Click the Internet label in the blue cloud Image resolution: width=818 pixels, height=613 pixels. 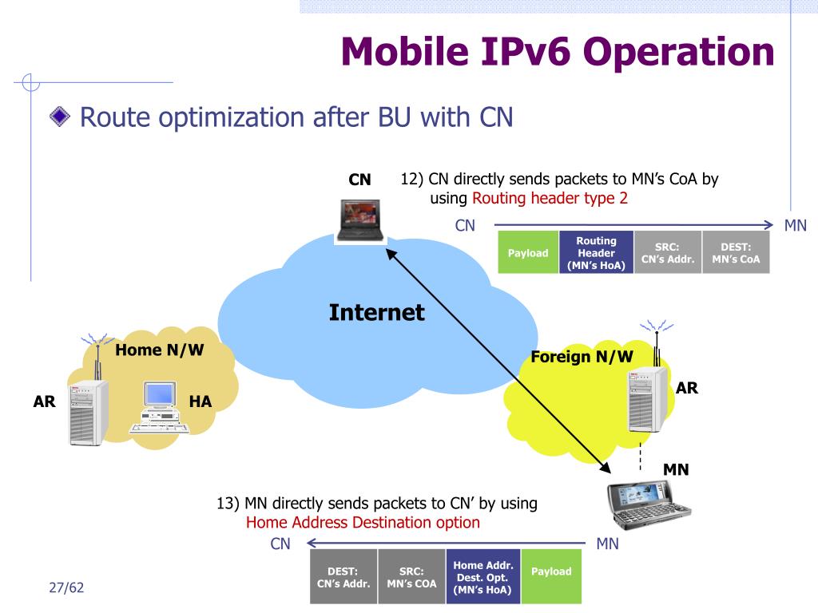click(x=376, y=312)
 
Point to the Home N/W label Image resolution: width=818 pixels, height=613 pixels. click(x=160, y=350)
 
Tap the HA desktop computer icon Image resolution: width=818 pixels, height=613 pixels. click(x=160, y=407)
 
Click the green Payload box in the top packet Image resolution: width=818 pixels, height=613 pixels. click(x=528, y=253)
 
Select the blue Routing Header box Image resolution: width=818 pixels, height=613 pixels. click(x=596, y=253)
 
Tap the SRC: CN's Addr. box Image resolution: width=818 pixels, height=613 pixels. click(x=668, y=253)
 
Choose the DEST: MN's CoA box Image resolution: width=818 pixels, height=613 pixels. click(x=736, y=253)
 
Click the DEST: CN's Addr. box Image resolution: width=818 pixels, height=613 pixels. click(x=343, y=576)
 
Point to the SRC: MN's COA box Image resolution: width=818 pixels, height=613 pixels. click(x=411, y=576)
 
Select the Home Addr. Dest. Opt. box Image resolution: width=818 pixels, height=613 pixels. click(x=482, y=576)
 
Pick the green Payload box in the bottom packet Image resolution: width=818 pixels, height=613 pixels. click(x=551, y=571)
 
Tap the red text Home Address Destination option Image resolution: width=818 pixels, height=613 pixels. click(x=363, y=523)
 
